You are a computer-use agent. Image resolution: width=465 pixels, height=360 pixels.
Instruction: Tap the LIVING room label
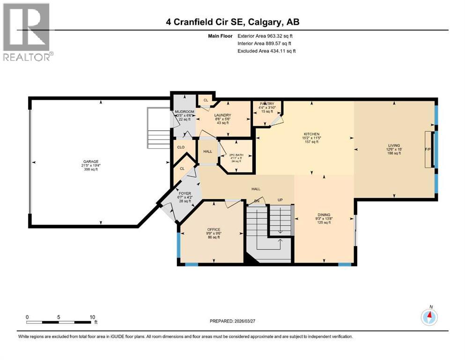click(393, 146)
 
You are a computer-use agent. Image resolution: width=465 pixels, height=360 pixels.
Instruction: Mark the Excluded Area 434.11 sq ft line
click(266, 51)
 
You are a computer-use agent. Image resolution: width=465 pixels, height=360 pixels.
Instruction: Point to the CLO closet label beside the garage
click(181, 147)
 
